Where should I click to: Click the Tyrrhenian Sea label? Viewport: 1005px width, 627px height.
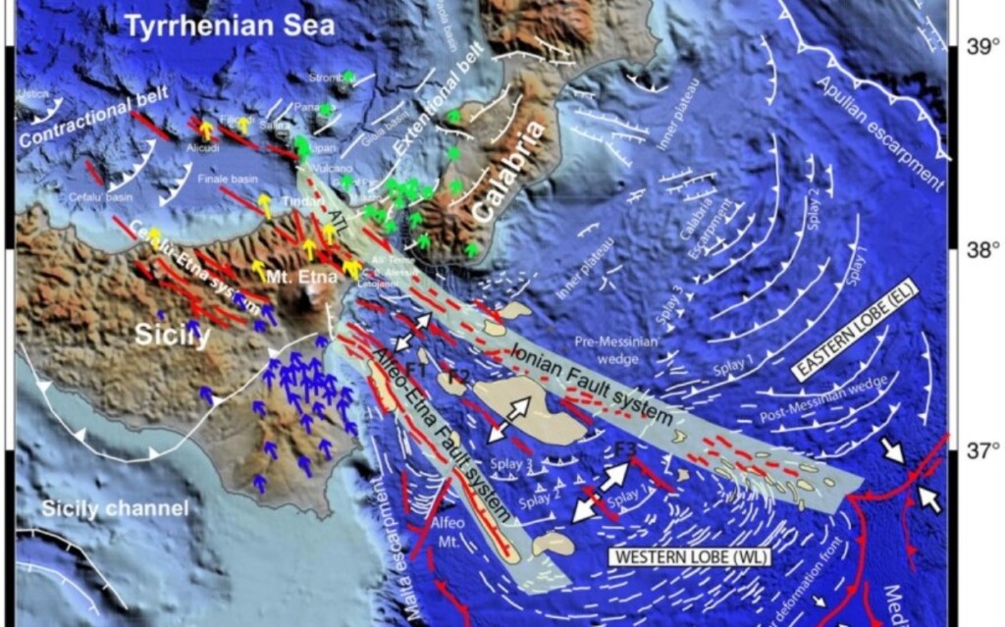[230, 26]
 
